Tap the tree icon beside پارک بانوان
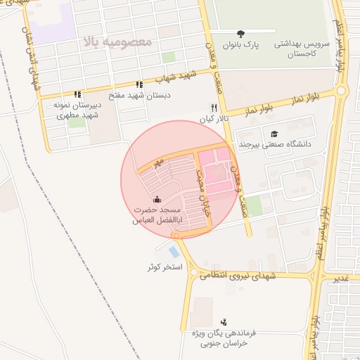(x=242, y=33)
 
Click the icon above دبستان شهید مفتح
(x=139, y=84)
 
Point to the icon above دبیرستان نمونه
(x=77, y=94)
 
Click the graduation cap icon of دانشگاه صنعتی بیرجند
(x=274, y=134)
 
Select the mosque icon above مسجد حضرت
(x=156, y=199)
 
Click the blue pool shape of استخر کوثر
(x=174, y=251)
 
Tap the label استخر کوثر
(x=165, y=268)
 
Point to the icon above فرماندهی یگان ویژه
(x=224, y=321)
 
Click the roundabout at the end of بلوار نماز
(x=342, y=90)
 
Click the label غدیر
(x=340, y=279)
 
